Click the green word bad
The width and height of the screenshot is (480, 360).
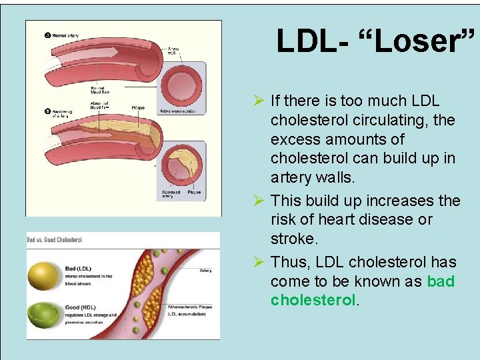(x=441, y=281)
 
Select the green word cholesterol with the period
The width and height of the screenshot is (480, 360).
(x=315, y=301)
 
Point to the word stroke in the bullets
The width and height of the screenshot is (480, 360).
(x=293, y=239)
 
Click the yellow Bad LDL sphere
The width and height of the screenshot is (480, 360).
(x=45, y=274)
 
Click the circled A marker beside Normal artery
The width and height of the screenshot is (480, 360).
(x=48, y=35)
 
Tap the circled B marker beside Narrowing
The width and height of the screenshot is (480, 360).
(x=48, y=111)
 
